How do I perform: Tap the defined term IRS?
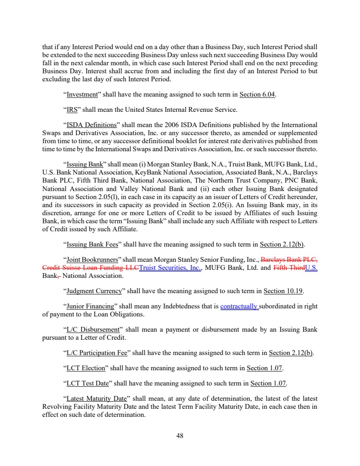[72, 110]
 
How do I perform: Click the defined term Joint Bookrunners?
[92, 260]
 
